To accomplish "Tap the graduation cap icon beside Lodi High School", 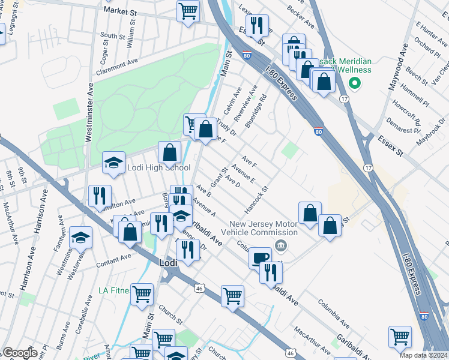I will [x=113, y=163].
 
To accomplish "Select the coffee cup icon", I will [x=260, y=257].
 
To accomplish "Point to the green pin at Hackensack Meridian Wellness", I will [x=354, y=83].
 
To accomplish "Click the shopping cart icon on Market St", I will [x=188, y=11].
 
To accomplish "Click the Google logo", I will [x=19, y=353].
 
